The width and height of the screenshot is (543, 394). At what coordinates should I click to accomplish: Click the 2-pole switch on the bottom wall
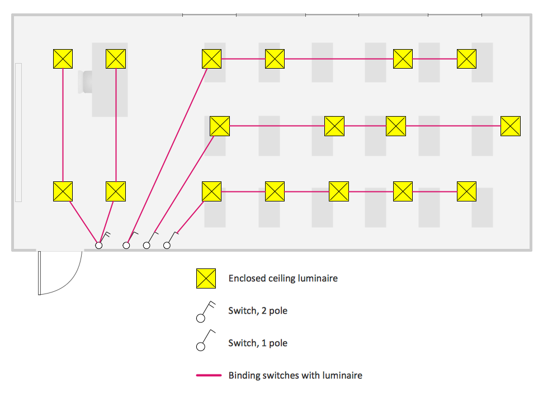100,244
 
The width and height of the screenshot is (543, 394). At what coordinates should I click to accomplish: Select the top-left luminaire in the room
63,59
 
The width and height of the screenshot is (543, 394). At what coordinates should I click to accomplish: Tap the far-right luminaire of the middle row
510,126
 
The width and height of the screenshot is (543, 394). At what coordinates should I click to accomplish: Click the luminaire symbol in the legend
206,278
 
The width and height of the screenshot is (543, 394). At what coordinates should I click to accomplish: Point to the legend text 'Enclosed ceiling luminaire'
283,278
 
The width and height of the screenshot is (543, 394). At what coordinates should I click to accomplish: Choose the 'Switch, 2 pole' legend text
258,310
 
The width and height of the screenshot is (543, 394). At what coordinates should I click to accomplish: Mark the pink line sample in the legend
209,375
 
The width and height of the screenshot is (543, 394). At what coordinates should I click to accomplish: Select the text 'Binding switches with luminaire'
295,375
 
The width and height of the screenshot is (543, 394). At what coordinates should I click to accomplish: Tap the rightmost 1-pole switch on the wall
167,244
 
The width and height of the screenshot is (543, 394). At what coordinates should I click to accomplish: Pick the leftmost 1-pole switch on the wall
127,244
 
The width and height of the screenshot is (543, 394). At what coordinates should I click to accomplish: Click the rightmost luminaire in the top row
466,59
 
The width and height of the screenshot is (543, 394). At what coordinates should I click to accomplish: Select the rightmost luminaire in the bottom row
466,191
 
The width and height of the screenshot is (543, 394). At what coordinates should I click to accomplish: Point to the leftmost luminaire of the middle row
220,126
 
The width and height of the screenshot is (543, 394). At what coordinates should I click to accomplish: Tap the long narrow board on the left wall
18,132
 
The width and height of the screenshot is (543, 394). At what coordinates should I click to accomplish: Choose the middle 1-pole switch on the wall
147,244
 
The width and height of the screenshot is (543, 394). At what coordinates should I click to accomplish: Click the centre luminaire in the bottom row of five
339,191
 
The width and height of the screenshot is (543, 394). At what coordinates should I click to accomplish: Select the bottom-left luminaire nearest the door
63,191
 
